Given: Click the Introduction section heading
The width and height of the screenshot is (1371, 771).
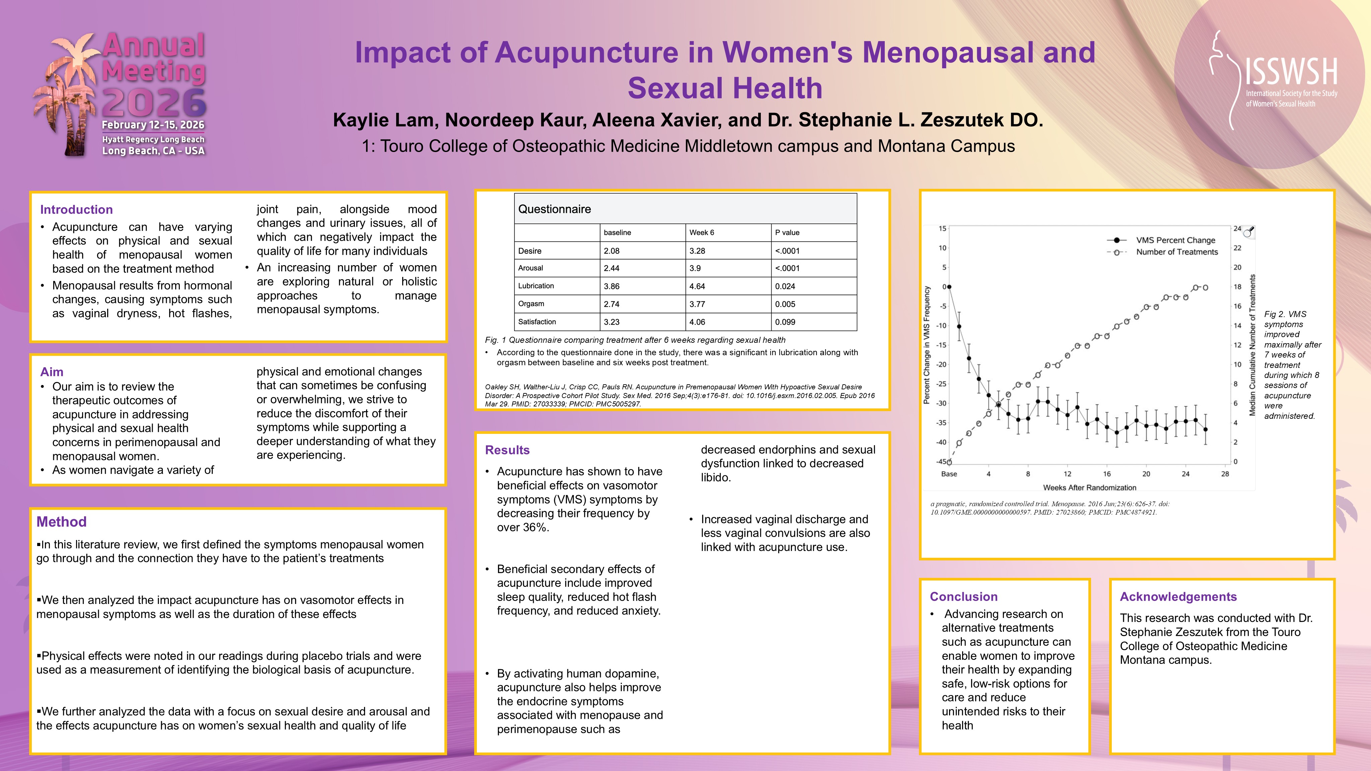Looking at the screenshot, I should click(x=76, y=210).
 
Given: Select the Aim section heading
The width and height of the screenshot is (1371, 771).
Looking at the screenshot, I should click(x=52, y=372).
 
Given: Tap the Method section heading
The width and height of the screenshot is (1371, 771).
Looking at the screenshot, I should click(x=61, y=522).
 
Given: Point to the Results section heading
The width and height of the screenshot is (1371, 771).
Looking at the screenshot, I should click(x=507, y=450).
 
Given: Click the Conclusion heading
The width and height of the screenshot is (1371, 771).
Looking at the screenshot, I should click(x=963, y=597).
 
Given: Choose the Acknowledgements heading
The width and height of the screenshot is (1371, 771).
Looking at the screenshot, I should click(x=1178, y=597).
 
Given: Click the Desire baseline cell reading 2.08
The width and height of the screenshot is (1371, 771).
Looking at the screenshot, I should click(x=611, y=251).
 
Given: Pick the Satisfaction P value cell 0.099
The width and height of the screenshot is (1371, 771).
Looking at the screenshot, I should click(x=785, y=322).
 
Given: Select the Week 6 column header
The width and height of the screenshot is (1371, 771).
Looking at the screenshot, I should click(x=702, y=233).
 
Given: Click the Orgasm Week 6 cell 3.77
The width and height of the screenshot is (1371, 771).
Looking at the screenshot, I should click(x=697, y=304).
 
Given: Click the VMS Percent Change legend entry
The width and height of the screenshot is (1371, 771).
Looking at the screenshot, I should click(x=1175, y=240).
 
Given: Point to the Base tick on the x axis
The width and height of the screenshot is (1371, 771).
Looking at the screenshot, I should click(x=949, y=474).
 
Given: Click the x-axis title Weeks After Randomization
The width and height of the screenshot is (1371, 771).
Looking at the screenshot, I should click(x=1089, y=488).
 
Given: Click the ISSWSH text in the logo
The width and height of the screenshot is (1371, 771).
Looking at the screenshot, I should click(x=1291, y=72).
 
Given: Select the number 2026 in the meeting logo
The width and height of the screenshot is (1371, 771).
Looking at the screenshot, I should click(x=154, y=103).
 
